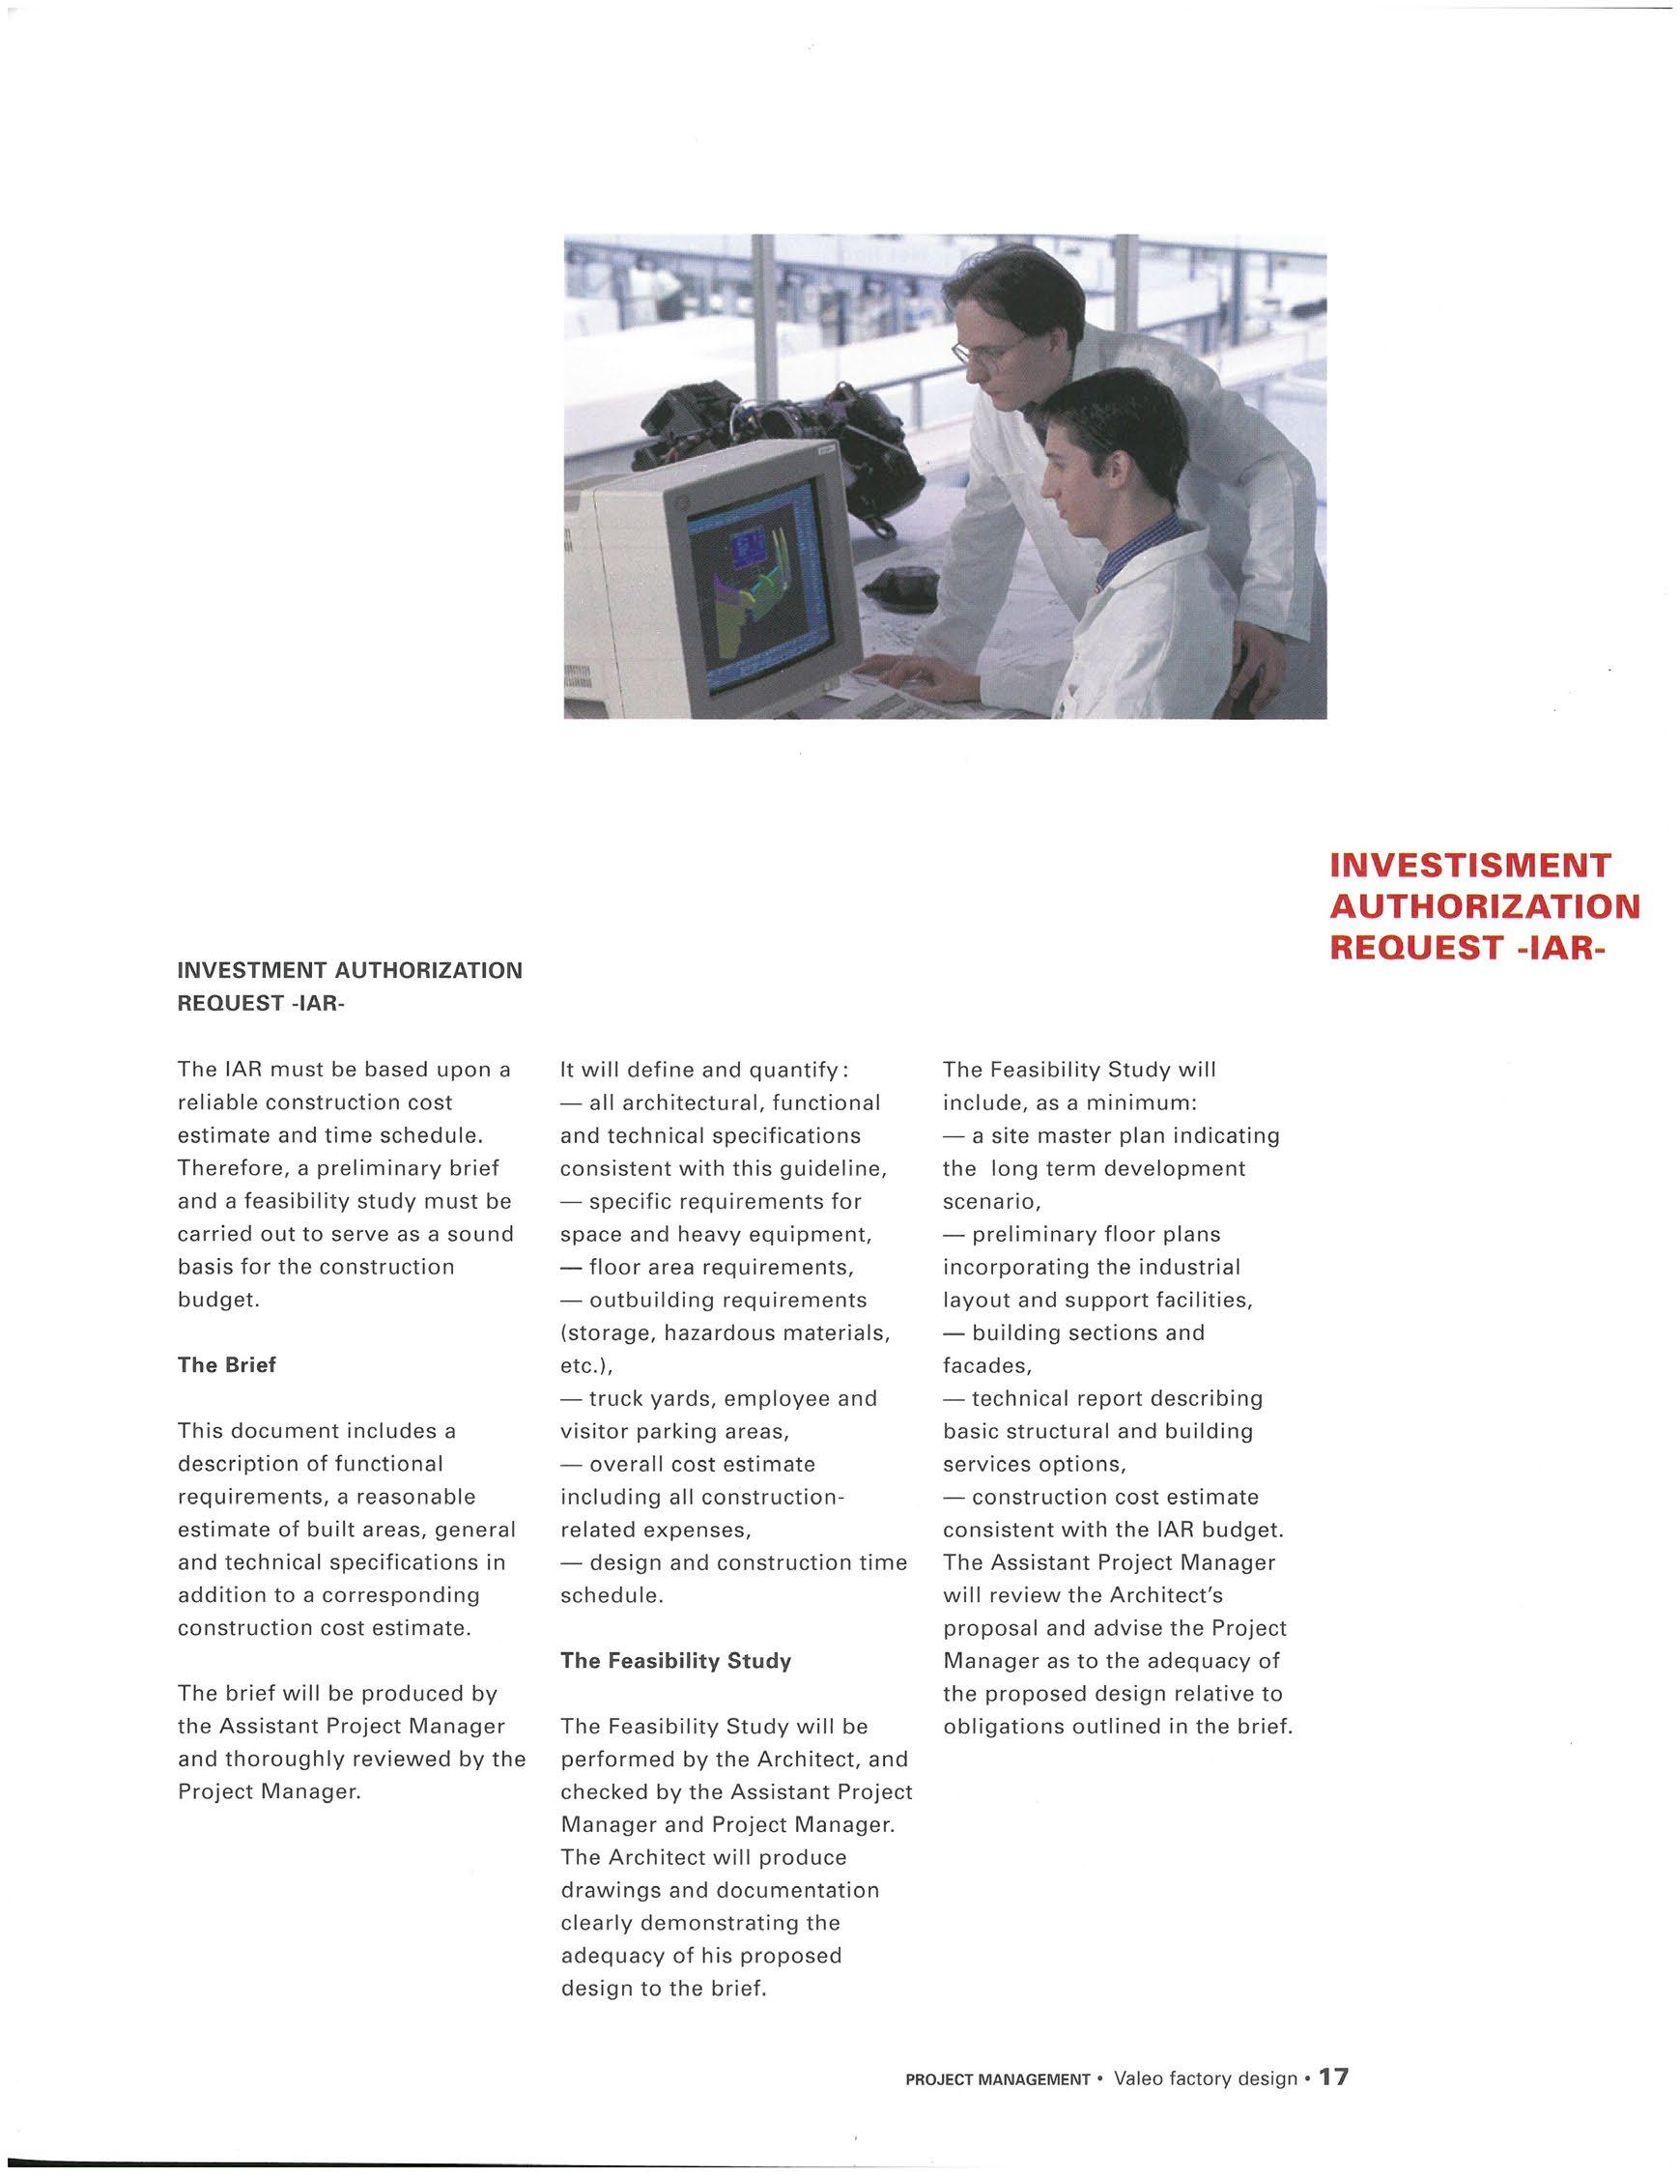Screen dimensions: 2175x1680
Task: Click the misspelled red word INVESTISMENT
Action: pyautogui.click(x=1468, y=865)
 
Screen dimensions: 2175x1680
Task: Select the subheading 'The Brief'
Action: pyautogui.click(x=226, y=1365)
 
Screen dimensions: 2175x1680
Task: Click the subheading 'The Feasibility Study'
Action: pyautogui.click(x=675, y=1661)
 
